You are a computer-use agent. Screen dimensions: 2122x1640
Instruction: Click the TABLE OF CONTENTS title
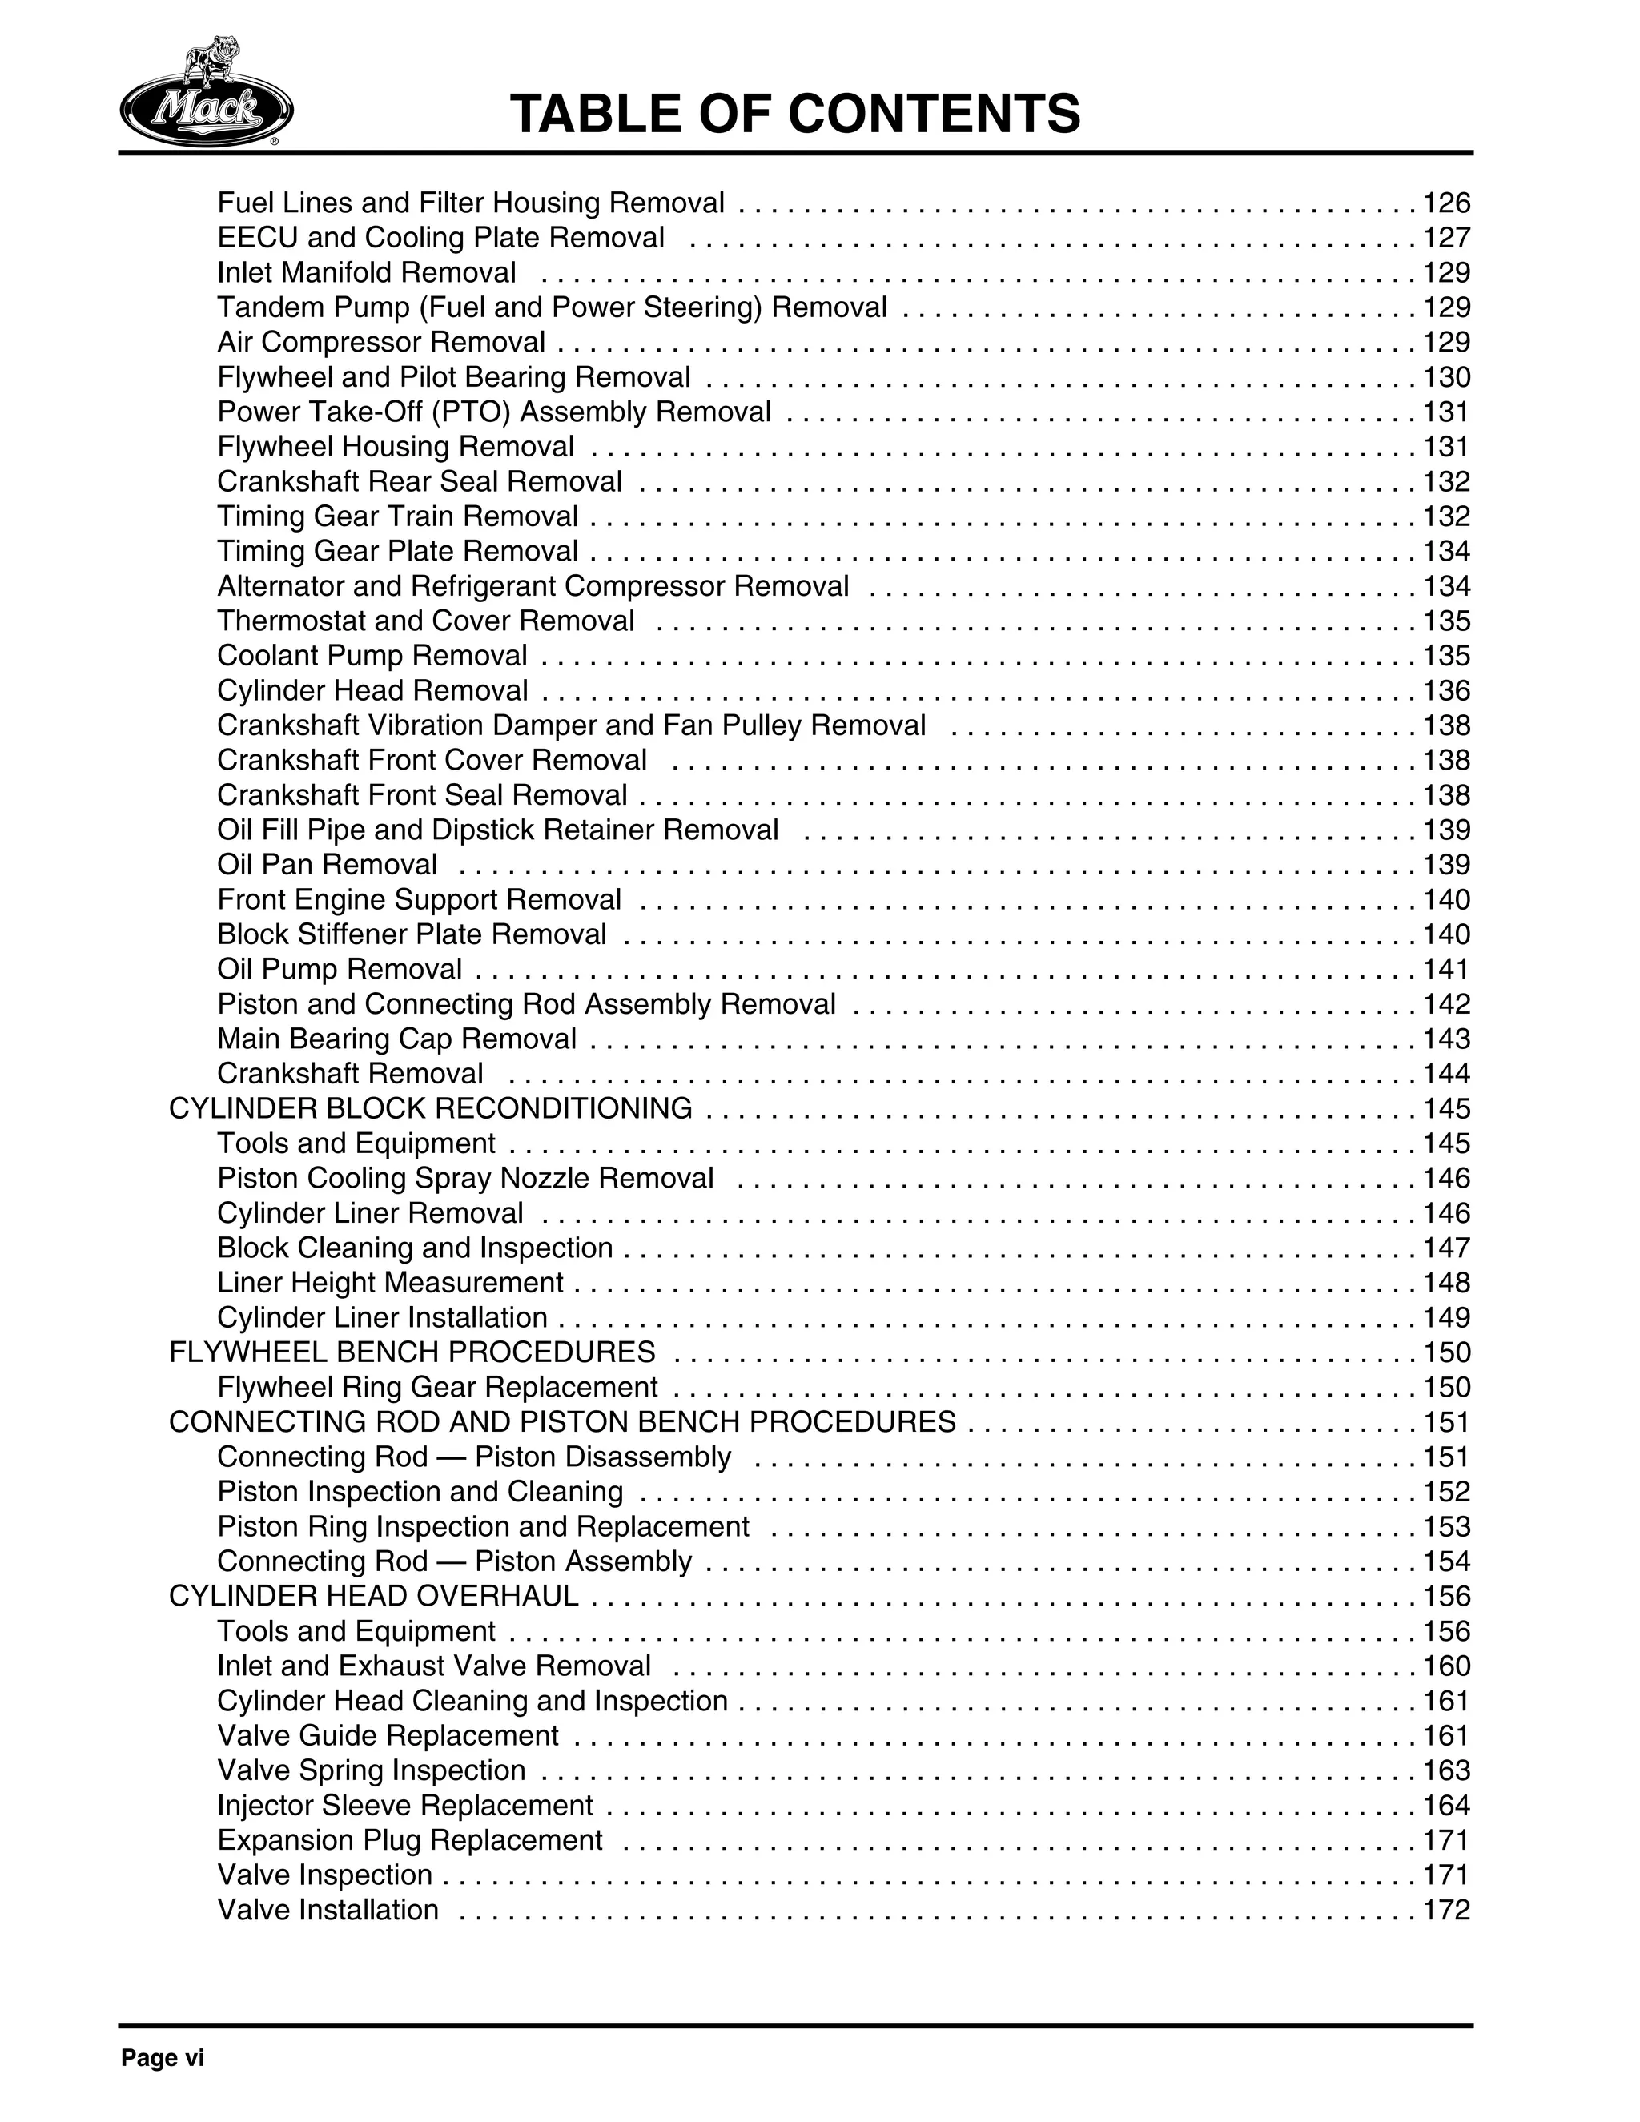click(x=794, y=114)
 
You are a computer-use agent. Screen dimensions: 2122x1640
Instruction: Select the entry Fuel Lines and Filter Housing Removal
click(x=470, y=203)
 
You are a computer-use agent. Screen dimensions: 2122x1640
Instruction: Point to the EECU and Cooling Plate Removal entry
click(x=440, y=238)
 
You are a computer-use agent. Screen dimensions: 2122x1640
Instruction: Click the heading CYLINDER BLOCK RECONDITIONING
click(x=430, y=1108)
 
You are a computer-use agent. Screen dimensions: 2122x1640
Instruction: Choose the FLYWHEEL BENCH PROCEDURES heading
click(x=412, y=1352)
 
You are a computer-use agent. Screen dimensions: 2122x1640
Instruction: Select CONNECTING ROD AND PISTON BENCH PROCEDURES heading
click(x=561, y=1422)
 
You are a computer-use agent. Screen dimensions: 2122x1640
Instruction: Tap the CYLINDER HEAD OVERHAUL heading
click(x=373, y=1597)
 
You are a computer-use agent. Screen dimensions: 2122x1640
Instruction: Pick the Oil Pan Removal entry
click(x=327, y=865)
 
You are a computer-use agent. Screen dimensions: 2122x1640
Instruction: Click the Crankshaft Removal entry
click(x=350, y=1074)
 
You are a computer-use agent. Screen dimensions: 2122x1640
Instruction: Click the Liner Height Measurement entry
click(x=390, y=1283)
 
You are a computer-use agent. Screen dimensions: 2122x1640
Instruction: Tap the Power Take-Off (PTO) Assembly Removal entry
click(x=493, y=412)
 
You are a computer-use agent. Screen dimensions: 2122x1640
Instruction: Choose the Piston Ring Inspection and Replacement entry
click(x=483, y=1526)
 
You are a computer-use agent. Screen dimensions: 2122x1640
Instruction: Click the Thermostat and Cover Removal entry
click(x=425, y=621)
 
